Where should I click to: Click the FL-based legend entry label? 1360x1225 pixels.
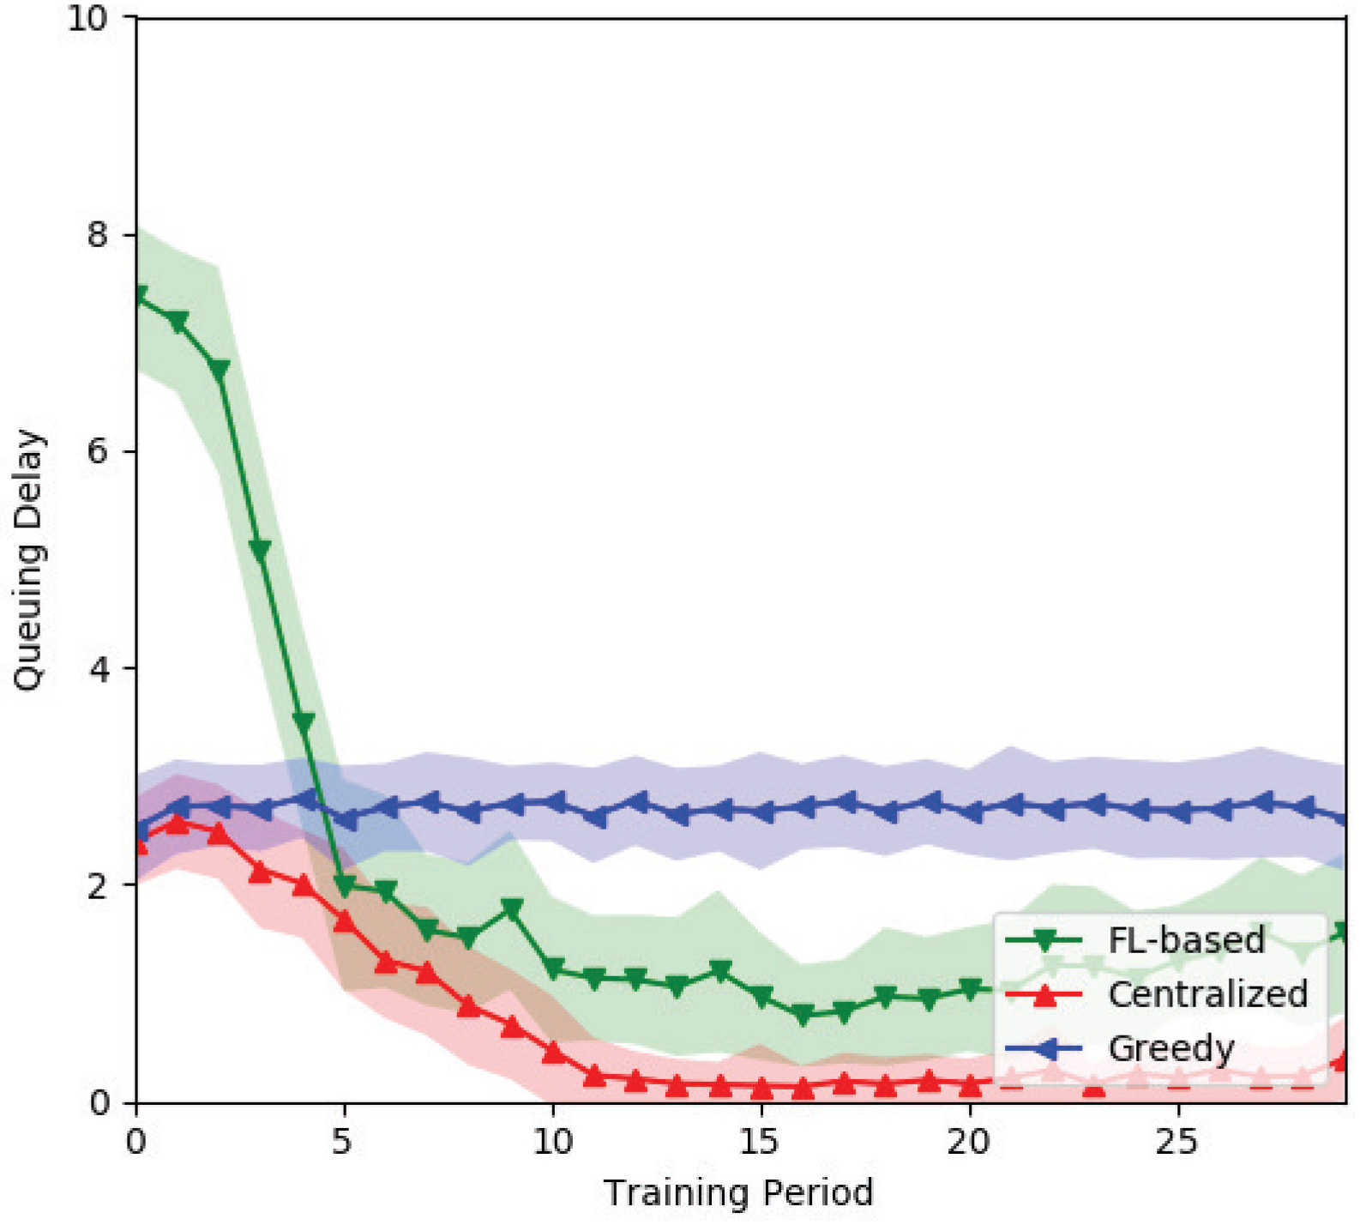1186,940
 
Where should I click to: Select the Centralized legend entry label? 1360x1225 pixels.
1207,994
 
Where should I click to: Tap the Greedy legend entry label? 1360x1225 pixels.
1171,1048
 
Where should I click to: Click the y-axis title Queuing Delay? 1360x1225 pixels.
27,560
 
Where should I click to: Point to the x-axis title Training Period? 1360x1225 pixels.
738,1192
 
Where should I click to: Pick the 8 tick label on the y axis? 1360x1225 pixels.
99,234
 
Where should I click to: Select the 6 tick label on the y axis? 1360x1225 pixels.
99,451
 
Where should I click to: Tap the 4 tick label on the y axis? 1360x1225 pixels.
99,668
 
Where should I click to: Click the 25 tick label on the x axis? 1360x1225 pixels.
1176,1142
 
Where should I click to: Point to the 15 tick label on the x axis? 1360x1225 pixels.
760,1142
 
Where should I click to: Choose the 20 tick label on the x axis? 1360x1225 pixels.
968,1142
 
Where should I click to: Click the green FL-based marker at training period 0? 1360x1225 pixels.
138,295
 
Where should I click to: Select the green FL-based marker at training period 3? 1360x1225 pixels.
261,550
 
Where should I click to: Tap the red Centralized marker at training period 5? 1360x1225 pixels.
345,920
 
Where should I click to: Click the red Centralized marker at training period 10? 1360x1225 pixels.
554,1051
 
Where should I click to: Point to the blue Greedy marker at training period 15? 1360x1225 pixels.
761,810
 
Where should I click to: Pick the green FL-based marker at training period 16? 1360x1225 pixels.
803,1016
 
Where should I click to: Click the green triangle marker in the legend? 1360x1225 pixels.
1044,941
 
